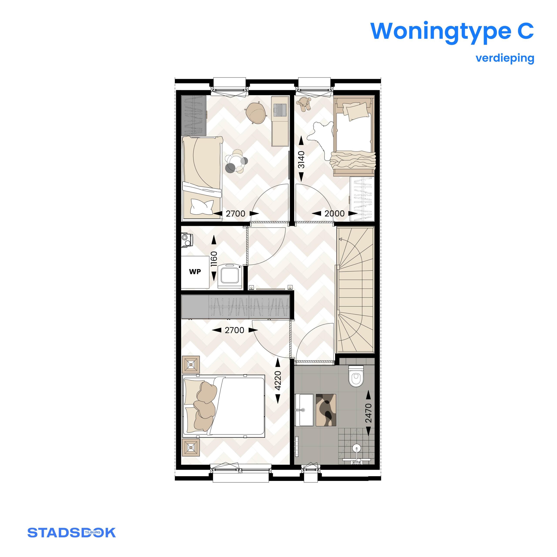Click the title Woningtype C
click(452, 31)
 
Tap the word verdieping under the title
click(505, 58)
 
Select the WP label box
click(195, 272)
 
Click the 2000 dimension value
click(334, 214)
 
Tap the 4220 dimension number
click(278, 381)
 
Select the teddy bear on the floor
click(305, 104)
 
